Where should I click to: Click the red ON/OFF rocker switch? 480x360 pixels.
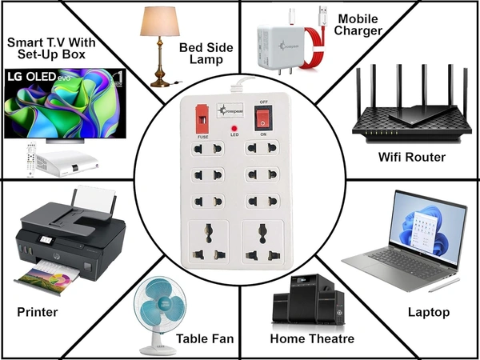pyautogui.click(x=261, y=119)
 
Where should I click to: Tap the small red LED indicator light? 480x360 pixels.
pyautogui.click(x=234, y=128)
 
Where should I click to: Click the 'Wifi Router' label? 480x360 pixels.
pyautogui.click(x=411, y=157)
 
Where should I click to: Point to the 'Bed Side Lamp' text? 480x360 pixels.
pyautogui.click(x=206, y=55)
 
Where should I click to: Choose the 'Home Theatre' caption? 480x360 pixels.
pyautogui.click(x=312, y=338)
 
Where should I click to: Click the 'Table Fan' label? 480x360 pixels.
pyautogui.click(x=206, y=338)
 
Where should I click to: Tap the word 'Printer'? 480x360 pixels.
pyautogui.click(x=37, y=311)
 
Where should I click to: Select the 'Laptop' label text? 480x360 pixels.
pyautogui.click(x=429, y=311)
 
